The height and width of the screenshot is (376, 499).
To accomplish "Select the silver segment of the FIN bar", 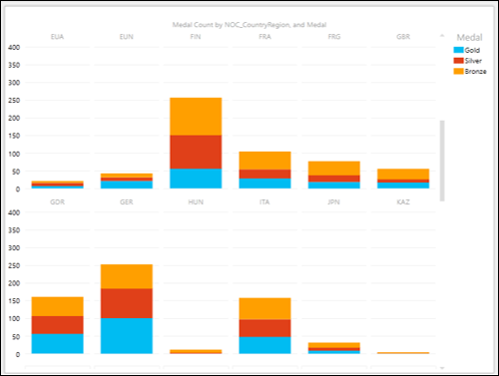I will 195,152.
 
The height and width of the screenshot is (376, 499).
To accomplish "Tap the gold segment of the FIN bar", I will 195,179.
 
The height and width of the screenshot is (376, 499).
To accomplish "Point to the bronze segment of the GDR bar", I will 57,306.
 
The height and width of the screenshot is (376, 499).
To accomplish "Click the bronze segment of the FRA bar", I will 264,161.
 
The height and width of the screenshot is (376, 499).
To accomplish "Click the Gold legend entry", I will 471,49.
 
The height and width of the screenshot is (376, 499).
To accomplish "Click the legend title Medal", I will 468,36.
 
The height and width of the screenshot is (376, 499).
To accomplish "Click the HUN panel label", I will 195,202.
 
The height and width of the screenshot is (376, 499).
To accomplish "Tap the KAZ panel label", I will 402,202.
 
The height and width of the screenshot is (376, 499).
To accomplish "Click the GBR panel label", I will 402,37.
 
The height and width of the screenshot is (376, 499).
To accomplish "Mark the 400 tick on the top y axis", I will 14,47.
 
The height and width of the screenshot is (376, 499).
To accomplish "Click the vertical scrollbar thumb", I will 442,160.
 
